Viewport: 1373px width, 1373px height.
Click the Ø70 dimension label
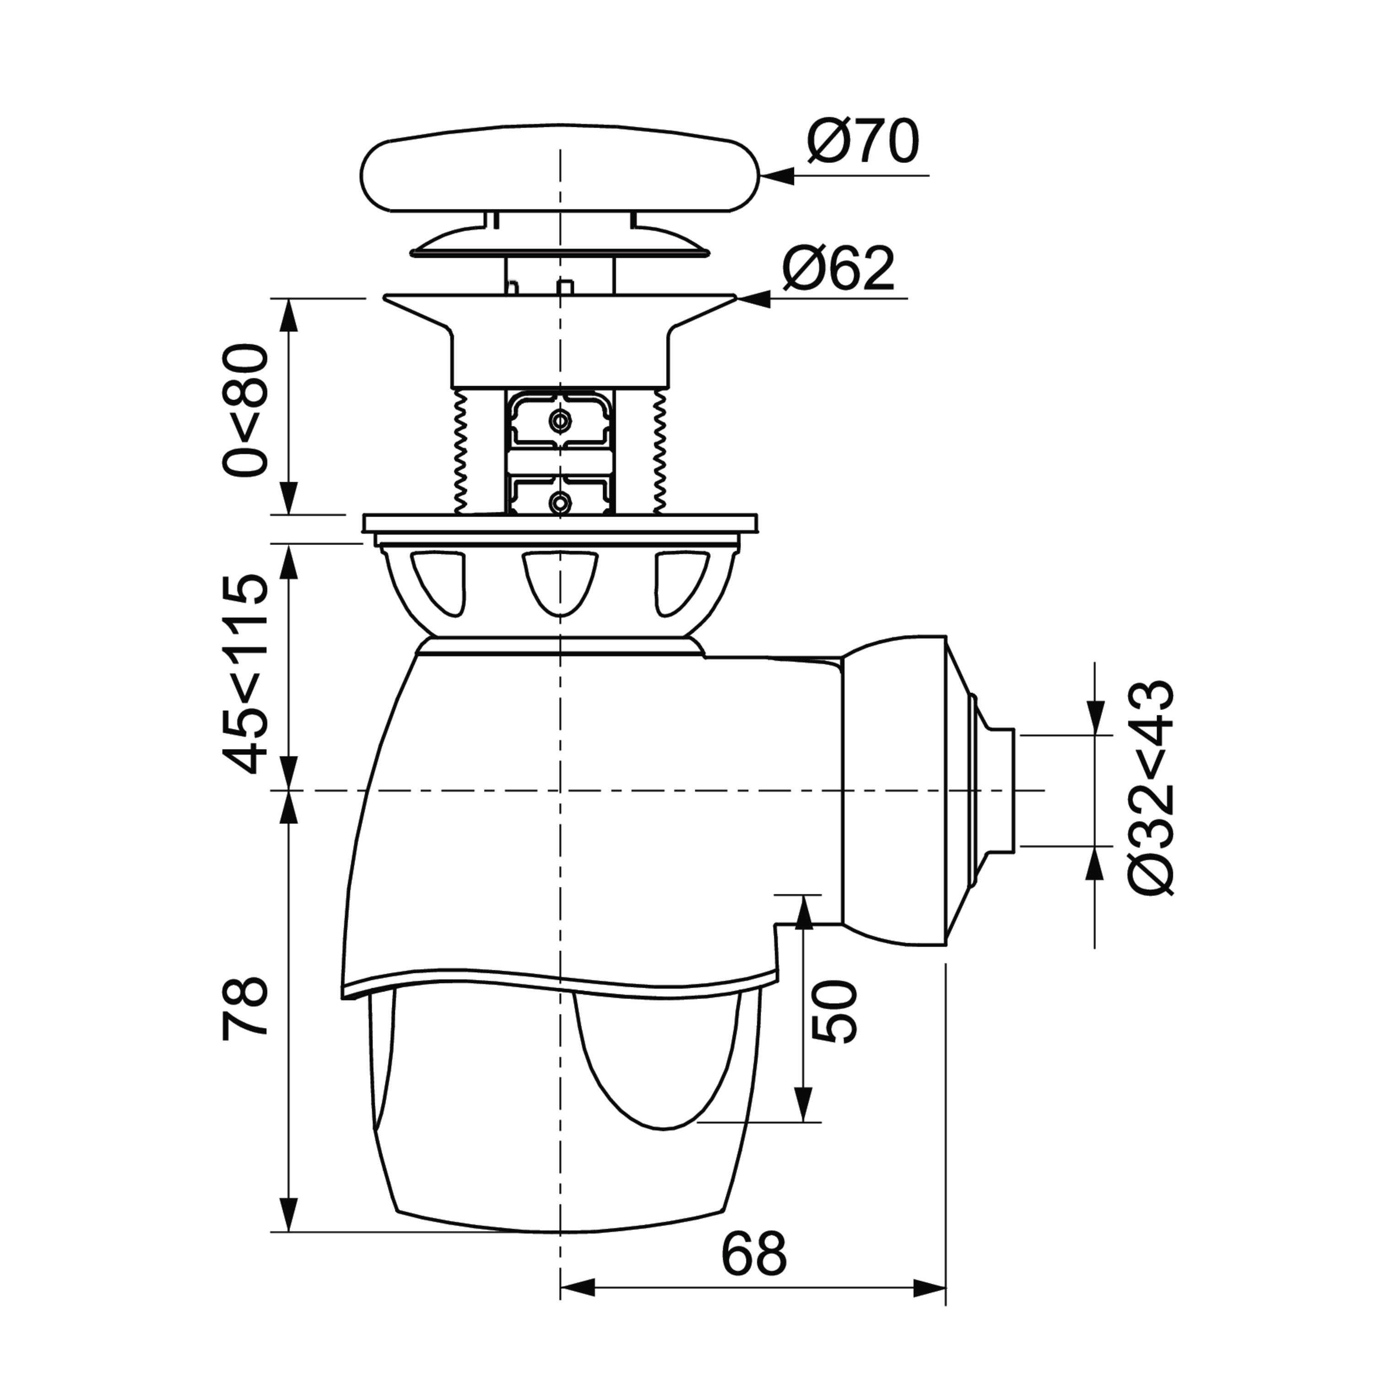pyautogui.click(x=863, y=141)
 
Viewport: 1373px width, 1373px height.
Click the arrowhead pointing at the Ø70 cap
pyautogui.click(x=776, y=176)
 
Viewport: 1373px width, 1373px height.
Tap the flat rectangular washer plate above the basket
pyautogui.click(x=560, y=523)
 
